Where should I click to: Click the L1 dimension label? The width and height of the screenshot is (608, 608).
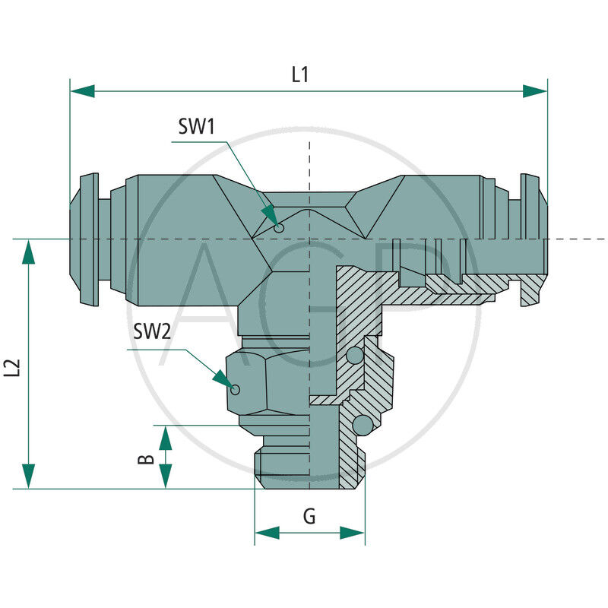click(x=301, y=74)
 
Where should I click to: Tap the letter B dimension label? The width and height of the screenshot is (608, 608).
click(x=148, y=458)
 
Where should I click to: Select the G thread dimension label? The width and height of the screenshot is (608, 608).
click(x=309, y=517)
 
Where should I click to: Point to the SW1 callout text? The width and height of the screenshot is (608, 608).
click(x=197, y=127)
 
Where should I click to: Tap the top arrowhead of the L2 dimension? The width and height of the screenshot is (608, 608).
click(x=29, y=252)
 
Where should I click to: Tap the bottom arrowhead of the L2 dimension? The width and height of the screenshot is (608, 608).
click(x=29, y=477)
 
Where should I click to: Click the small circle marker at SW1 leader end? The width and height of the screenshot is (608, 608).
click(x=279, y=227)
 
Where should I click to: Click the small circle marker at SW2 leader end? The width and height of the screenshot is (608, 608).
click(x=236, y=390)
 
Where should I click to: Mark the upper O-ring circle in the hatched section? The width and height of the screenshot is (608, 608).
click(x=354, y=356)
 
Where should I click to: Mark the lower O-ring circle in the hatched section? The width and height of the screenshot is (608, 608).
click(x=364, y=423)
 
